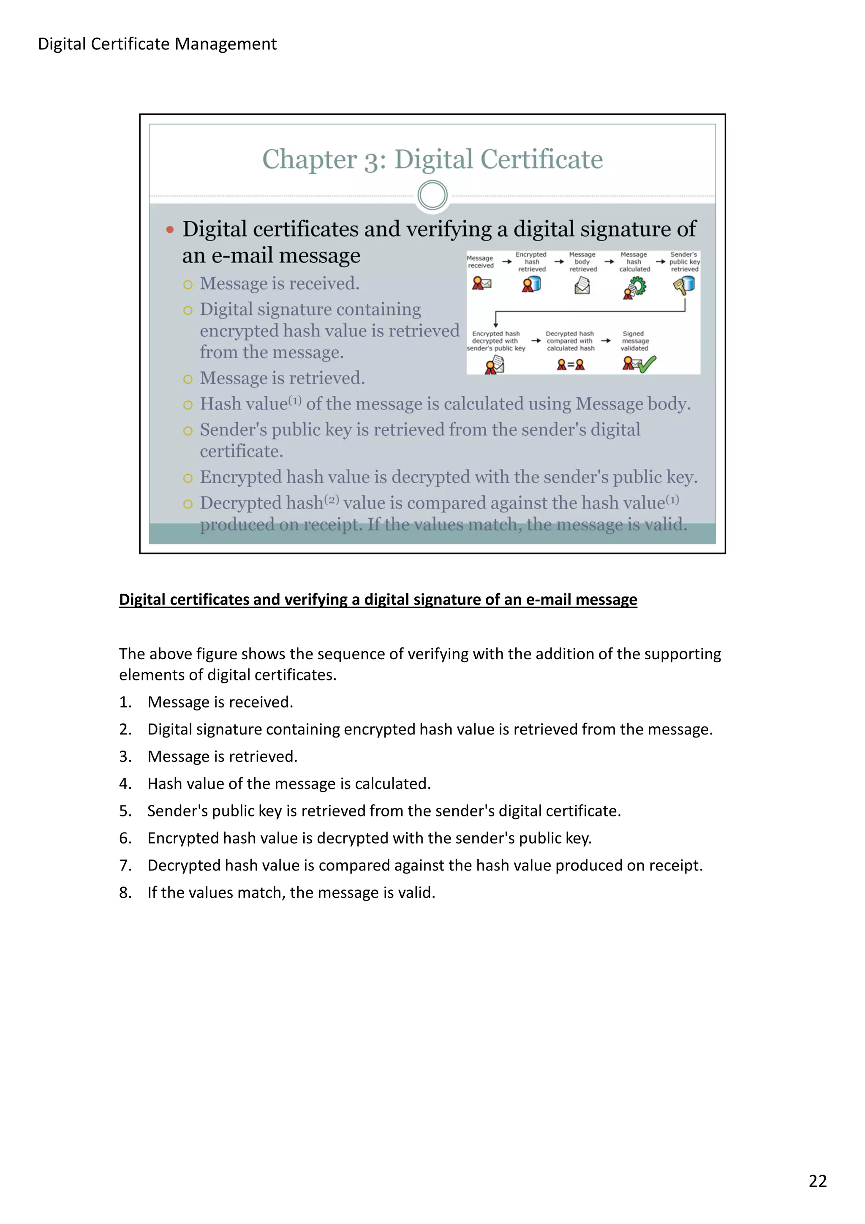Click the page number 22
[817, 1181]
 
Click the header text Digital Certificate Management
[157, 44]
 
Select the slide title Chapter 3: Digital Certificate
[432, 159]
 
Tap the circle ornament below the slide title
[432, 195]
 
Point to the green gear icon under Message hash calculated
[636, 287]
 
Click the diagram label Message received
[480, 262]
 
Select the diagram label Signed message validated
[634, 341]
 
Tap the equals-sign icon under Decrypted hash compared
[570, 364]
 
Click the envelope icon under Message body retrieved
[582, 286]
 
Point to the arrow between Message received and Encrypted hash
[506, 262]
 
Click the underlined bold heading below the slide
[378, 599]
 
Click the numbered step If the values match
[291, 892]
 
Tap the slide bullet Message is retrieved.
[282, 378]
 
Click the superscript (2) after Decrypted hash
[332, 500]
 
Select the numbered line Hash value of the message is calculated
[289, 783]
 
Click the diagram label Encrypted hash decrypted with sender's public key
[496, 341]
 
